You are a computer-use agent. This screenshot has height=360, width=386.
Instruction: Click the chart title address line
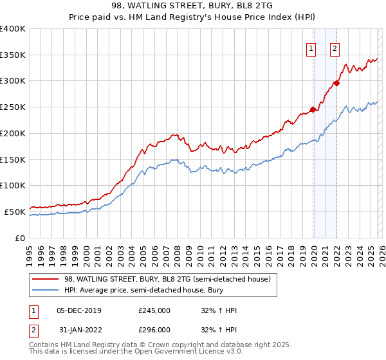pos(192,5)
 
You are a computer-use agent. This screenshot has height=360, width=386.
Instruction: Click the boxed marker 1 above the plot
pos(311,48)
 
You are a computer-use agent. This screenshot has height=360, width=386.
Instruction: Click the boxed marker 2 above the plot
pos(335,48)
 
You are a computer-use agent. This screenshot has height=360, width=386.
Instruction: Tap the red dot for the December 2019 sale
pos(313,109)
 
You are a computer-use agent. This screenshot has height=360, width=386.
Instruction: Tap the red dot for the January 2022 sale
pos(336,83)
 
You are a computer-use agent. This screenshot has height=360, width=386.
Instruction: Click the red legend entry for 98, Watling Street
pos(170,279)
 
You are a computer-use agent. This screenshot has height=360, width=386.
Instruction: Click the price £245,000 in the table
pos(154,310)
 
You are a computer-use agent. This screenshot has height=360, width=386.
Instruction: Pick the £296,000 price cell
pos(154,330)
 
